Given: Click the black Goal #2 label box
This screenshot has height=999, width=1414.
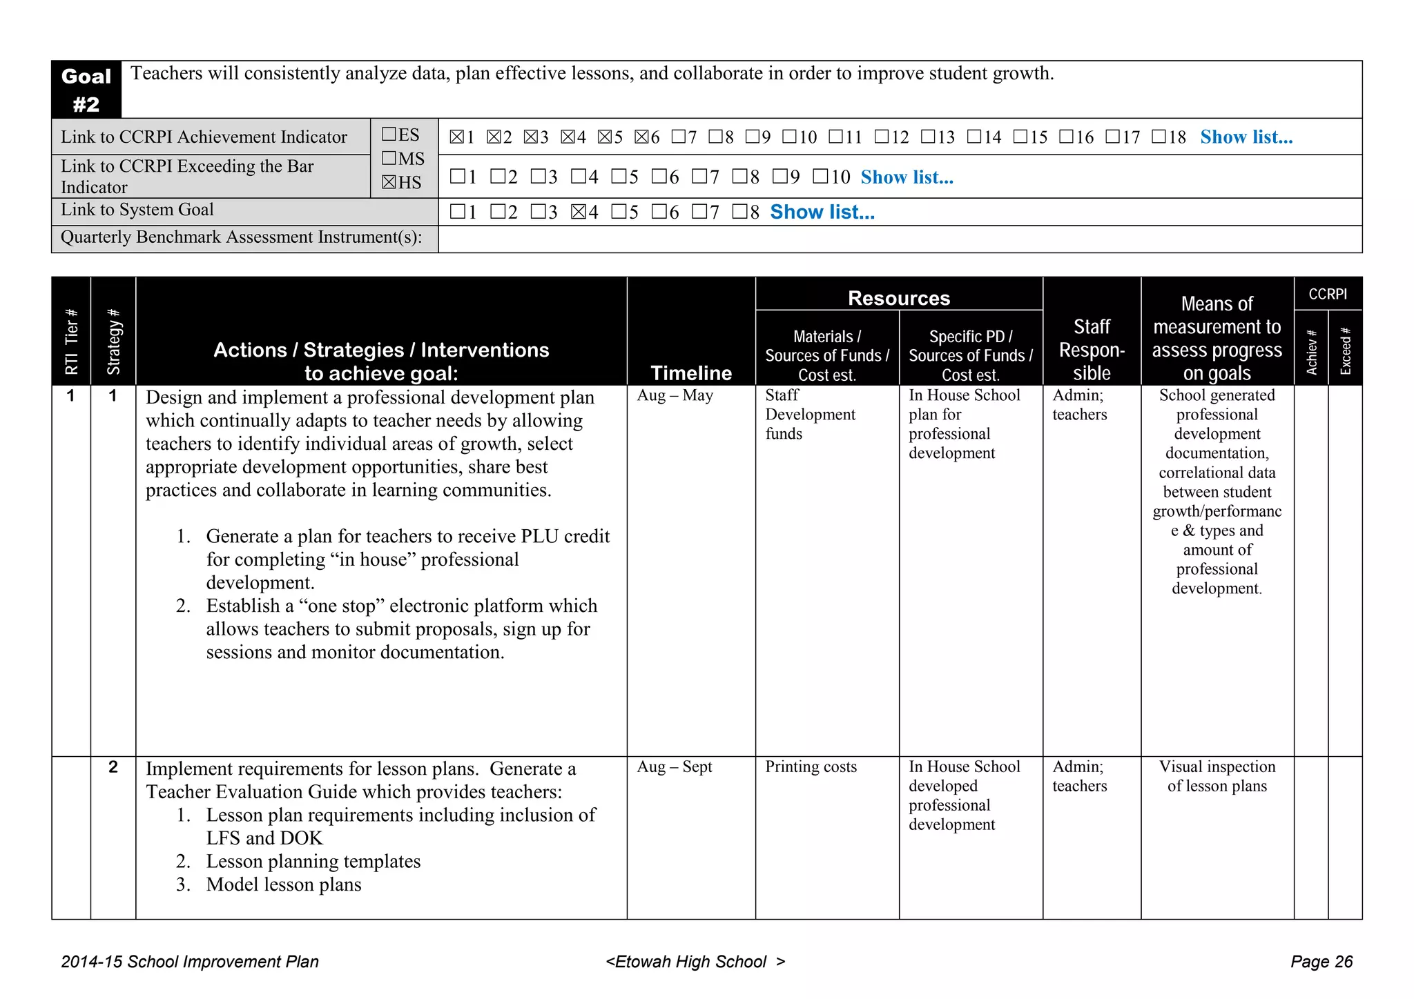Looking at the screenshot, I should click(86, 90).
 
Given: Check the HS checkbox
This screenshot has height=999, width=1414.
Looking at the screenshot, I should click(389, 183).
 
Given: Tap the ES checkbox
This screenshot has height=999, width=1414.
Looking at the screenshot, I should click(389, 135).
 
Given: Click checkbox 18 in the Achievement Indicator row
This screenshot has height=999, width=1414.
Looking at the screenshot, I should click(1159, 137).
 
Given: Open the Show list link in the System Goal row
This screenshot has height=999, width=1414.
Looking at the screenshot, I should click(822, 212).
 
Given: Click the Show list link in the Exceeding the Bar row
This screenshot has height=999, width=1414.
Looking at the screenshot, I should click(907, 177).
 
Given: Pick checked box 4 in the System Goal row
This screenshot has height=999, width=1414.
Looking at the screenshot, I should click(579, 212).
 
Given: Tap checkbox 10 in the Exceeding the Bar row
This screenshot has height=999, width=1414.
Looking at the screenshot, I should click(820, 177).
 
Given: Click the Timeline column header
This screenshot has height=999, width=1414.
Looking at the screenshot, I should click(691, 373).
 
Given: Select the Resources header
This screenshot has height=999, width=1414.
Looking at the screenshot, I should click(898, 298).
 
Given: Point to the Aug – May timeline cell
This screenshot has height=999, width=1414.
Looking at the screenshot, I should click(675, 395).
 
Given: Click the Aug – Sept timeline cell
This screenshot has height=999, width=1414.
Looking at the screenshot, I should click(674, 766).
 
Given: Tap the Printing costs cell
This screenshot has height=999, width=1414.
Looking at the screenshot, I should click(811, 766).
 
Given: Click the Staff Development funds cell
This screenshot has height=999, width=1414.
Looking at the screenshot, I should click(810, 414).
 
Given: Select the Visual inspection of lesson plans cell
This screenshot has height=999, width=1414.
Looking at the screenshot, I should click(1217, 776).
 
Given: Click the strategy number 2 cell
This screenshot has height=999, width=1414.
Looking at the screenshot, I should click(113, 767).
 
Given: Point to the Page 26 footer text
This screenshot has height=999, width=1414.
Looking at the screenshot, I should click(1321, 962).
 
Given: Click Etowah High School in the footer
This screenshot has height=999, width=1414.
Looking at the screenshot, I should click(690, 962).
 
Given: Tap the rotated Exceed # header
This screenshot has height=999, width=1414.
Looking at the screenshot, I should click(1345, 350).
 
